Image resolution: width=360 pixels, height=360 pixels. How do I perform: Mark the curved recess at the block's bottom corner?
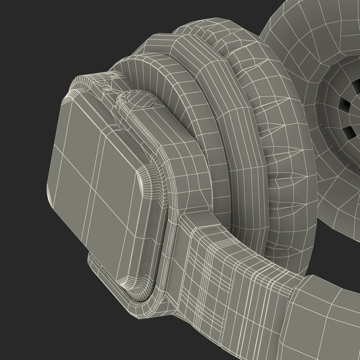click(128, 285)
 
